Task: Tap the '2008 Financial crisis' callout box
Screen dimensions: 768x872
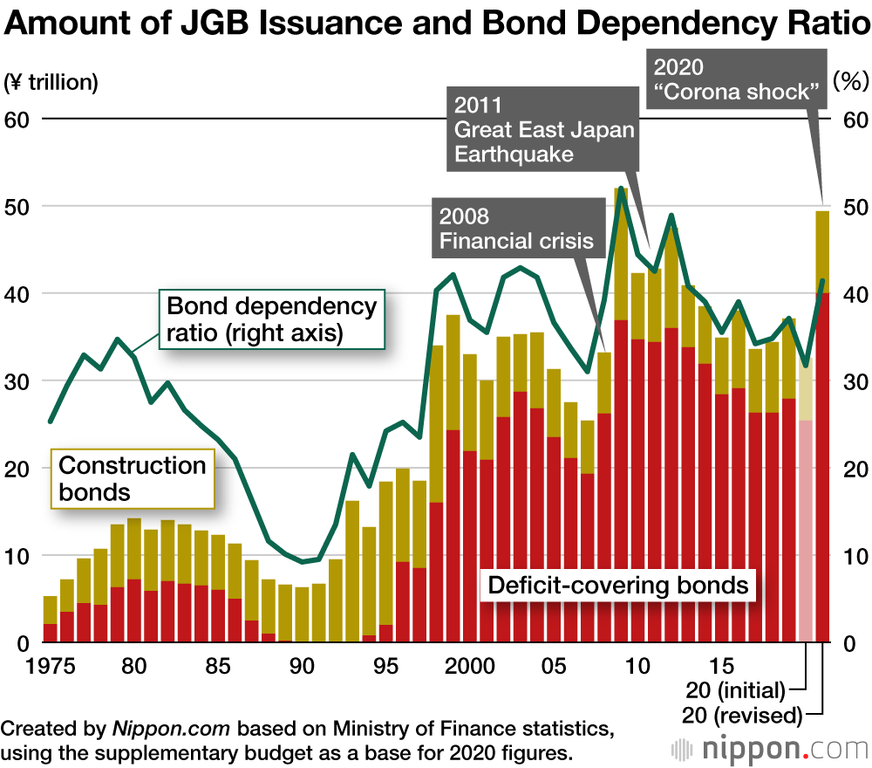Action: pyautogui.click(x=517, y=228)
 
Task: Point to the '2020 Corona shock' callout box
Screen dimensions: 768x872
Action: pyautogui.click(x=738, y=79)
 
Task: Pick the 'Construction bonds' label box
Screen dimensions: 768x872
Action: pyautogui.click(x=133, y=478)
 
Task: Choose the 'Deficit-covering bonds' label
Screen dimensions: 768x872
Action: pyautogui.click(x=618, y=585)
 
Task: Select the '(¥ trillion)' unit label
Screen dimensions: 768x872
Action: pyautogui.click(x=52, y=83)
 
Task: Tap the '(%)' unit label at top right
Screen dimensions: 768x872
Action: pyautogui.click(x=847, y=83)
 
